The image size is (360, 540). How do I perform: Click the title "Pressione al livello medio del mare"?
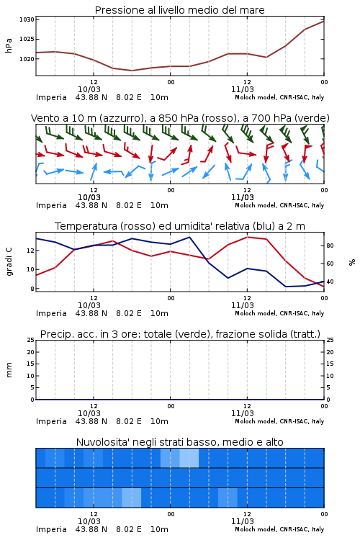[179, 10]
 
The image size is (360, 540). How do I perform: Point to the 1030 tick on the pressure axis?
[27, 19]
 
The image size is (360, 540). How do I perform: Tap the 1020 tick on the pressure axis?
[27, 59]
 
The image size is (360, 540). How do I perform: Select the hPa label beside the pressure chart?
[9, 45]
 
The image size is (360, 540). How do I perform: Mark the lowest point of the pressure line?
[132, 71]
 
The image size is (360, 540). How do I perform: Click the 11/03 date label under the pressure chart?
[242, 89]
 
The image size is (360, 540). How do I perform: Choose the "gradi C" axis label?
[9, 261]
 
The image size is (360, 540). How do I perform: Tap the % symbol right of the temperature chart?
[352, 262]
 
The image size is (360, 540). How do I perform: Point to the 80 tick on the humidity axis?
[330, 246]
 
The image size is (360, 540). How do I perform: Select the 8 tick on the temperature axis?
[32, 289]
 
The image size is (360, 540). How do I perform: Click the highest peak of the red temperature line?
[247, 237]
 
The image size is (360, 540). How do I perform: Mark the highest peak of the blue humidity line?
[189, 237]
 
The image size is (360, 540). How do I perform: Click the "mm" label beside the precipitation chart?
[9, 370]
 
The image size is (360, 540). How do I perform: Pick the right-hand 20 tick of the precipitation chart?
[330, 352]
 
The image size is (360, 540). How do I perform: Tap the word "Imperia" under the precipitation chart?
[51, 421]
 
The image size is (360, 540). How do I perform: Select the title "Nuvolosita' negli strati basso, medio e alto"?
[179, 442]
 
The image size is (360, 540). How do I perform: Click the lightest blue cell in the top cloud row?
[189, 458]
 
